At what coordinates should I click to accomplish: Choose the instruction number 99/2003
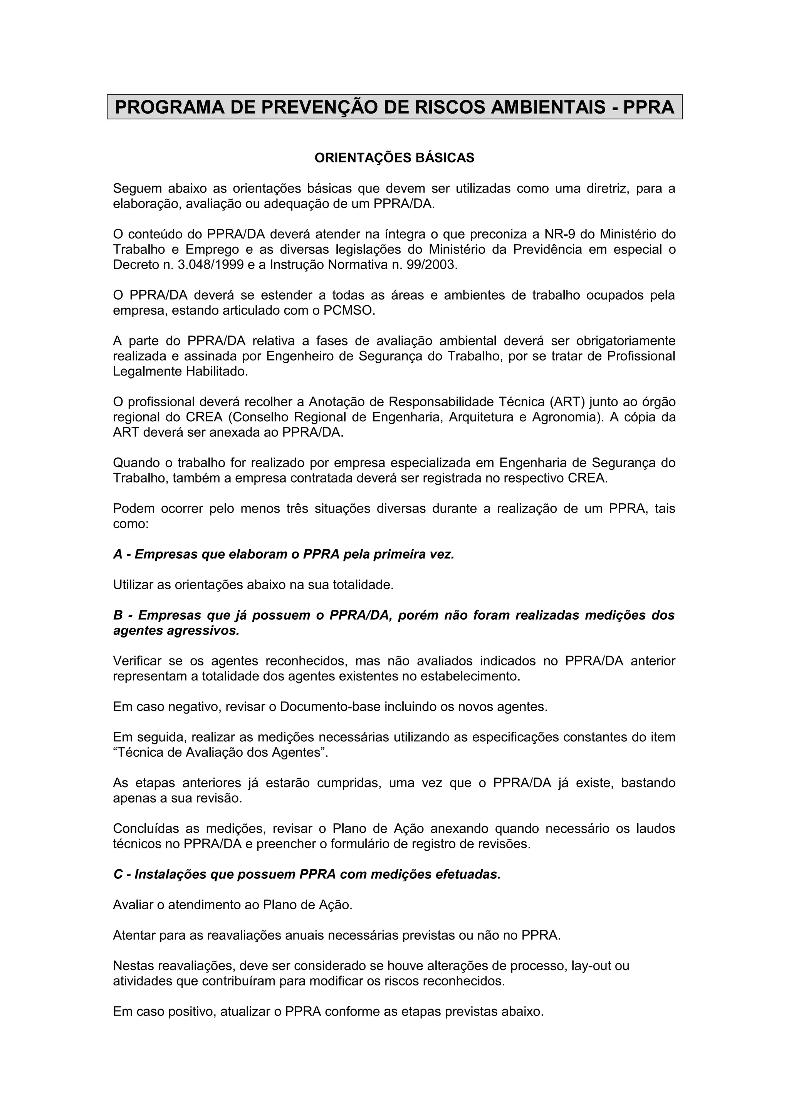click(431, 265)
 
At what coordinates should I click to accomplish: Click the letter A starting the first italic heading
click(118, 555)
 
